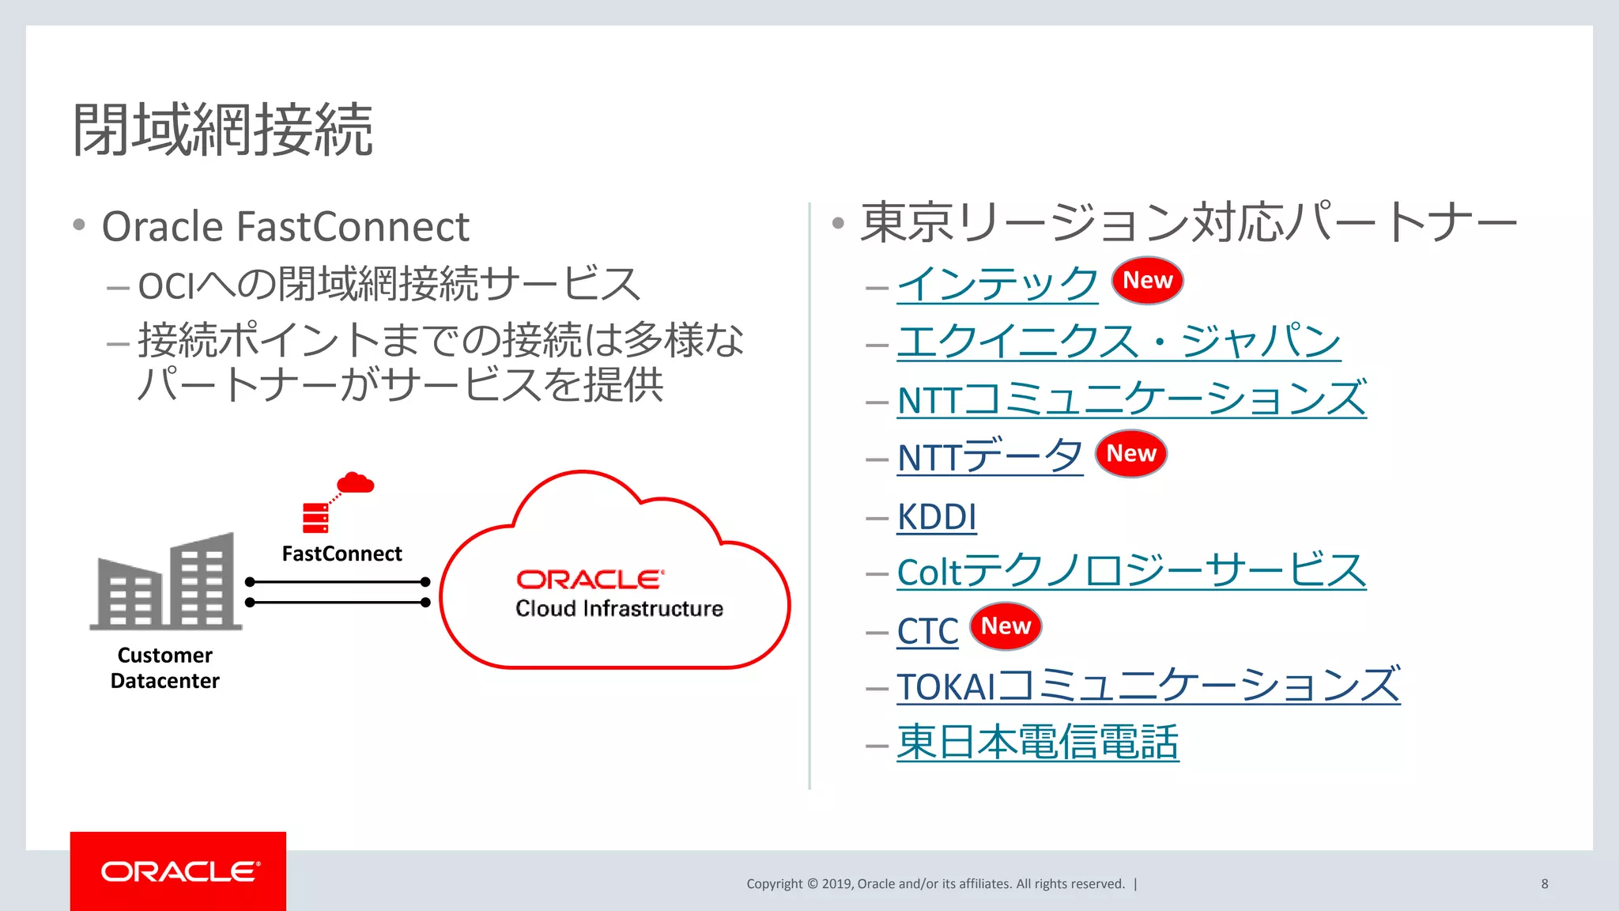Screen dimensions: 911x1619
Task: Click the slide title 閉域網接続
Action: tap(223, 130)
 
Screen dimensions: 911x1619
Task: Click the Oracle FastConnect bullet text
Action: tap(285, 227)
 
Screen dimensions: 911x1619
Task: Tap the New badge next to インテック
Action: tap(1147, 281)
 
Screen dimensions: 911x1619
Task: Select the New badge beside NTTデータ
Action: tap(1130, 454)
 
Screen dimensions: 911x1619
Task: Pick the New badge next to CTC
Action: tap(1006, 626)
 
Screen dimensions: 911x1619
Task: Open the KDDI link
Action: tap(937, 517)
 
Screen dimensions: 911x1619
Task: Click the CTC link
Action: tap(927, 632)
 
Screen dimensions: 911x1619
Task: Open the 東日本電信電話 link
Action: tap(1037, 743)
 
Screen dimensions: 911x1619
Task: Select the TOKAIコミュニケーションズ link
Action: tap(1148, 686)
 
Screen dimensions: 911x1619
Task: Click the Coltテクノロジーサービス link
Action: tap(1130, 572)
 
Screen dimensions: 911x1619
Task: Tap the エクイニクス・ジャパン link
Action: tap(1119, 342)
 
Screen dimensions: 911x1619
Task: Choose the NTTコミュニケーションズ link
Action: tap(1130, 399)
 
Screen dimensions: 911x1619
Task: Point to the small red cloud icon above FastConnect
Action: tap(355, 482)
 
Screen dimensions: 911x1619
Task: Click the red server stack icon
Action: tap(315, 518)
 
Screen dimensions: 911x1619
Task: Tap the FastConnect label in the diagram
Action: tap(342, 554)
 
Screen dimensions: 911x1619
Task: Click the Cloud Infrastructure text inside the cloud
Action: tap(619, 609)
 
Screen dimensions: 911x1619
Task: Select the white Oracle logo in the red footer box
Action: tap(179, 871)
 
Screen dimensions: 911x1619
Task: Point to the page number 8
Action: tap(1544, 884)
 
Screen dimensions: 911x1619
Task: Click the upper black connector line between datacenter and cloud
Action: tap(338, 582)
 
